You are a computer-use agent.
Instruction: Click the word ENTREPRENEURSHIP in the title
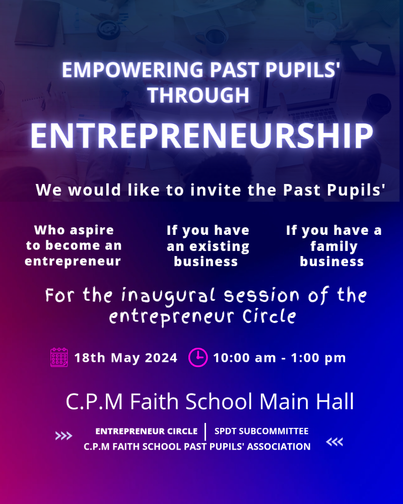[x=202, y=136]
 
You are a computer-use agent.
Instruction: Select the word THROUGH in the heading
[x=198, y=95]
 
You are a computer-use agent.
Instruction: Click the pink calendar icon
[x=59, y=357]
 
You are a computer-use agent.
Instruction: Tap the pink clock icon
[x=197, y=357]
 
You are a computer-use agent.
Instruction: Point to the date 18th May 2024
[x=125, y=358]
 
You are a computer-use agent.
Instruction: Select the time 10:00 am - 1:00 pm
[x=280, y=358]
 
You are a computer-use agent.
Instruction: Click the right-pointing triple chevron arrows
[x=63, y=436]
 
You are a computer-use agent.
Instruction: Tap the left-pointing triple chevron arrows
[x=334, y=442]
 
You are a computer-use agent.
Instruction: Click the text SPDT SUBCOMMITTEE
[x=261, y=431]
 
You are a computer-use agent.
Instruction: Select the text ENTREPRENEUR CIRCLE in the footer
[x=147, y=431]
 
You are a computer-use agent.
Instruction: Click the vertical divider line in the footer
[x=206, y=432]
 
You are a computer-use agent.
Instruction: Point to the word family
[x=334, y=247]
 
